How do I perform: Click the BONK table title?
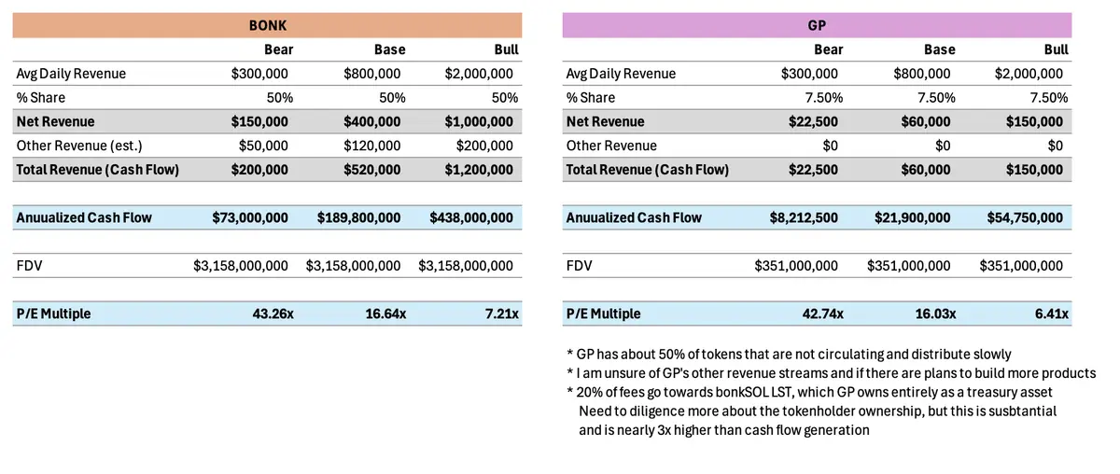[x=267, y=25]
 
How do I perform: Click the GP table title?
[x=817, y=25]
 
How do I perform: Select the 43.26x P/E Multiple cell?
[x=268, y=314]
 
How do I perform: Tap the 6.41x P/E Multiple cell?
[x=1050, y=314]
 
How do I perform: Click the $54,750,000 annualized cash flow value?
[x=1025, y=217]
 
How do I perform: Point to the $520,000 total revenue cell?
[x=372, y=169]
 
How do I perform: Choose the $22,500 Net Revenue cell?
[x=815, y=121]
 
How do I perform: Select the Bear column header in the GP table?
[x=828, y=49]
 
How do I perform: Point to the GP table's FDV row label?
[x=579, y=266]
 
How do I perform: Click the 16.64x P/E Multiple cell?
[x=385, y=314]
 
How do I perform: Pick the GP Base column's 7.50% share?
[x=931, y=97]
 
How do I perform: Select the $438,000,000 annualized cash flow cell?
[x=471, y=217]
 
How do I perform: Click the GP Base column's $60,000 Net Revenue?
[x=925, y=121]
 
